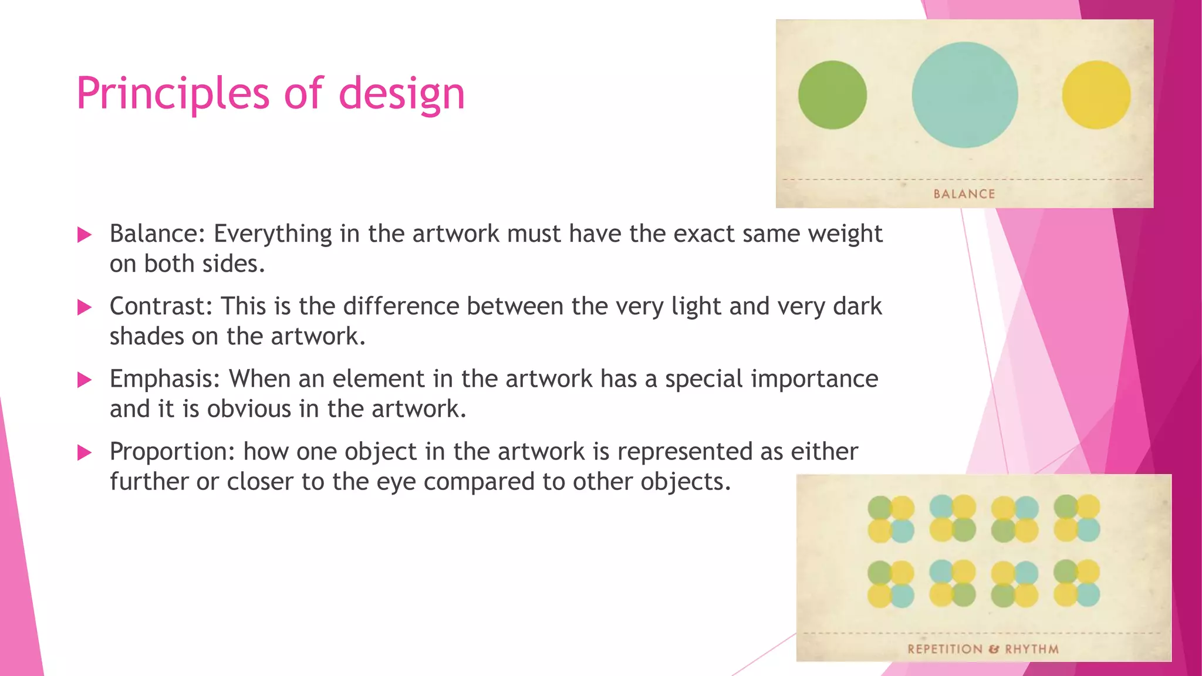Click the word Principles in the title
point(172,94)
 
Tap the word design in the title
point(401,94)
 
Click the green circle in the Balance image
point(832,95)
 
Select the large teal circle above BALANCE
point(965,95)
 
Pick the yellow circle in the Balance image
point(1096,95)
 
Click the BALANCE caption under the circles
point(964,194)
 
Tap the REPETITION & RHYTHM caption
point(983,649)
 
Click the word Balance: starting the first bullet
point(157,234)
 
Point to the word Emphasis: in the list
point(164,378)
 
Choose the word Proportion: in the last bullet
point(173,452)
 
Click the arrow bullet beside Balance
point(85,235)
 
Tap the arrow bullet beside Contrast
point(85,307)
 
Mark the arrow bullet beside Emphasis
point(85,380)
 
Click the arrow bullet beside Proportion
point(85,453)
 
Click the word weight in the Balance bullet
point(845,234)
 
